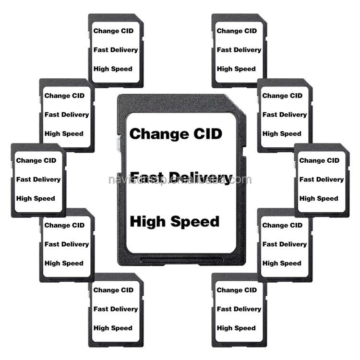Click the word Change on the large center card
tap(159, 133)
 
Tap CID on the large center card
tap(206, 133)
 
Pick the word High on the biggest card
tap(146, 221)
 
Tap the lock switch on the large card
tap(119, 143)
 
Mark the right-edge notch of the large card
tap(243, 152)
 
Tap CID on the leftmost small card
tap(50, 160)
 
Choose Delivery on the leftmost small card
tap(47, 180)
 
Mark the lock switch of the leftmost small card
tap(12, 165)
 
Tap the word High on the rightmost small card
tap(307, 198)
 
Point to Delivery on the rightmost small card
tap(330, 180)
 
